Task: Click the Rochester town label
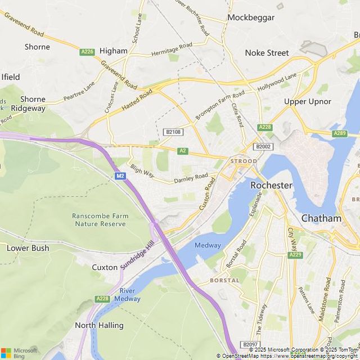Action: point(271,185)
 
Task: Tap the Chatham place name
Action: point(321,218)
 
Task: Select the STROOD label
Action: point(243,161)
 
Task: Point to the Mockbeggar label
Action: point(251,17)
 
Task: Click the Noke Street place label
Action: point(267,53)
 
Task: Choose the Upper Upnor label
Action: point(308,101)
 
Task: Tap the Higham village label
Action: point(113,51)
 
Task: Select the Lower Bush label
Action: point(28,247)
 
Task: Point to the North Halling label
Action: point(99,325)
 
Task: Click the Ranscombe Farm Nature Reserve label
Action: point(100,219)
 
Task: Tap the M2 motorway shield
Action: point(120,176)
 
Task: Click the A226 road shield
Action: point(87,52)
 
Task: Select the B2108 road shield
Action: point(173,132)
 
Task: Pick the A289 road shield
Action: point(339,133)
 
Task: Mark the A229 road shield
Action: point(295,255)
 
